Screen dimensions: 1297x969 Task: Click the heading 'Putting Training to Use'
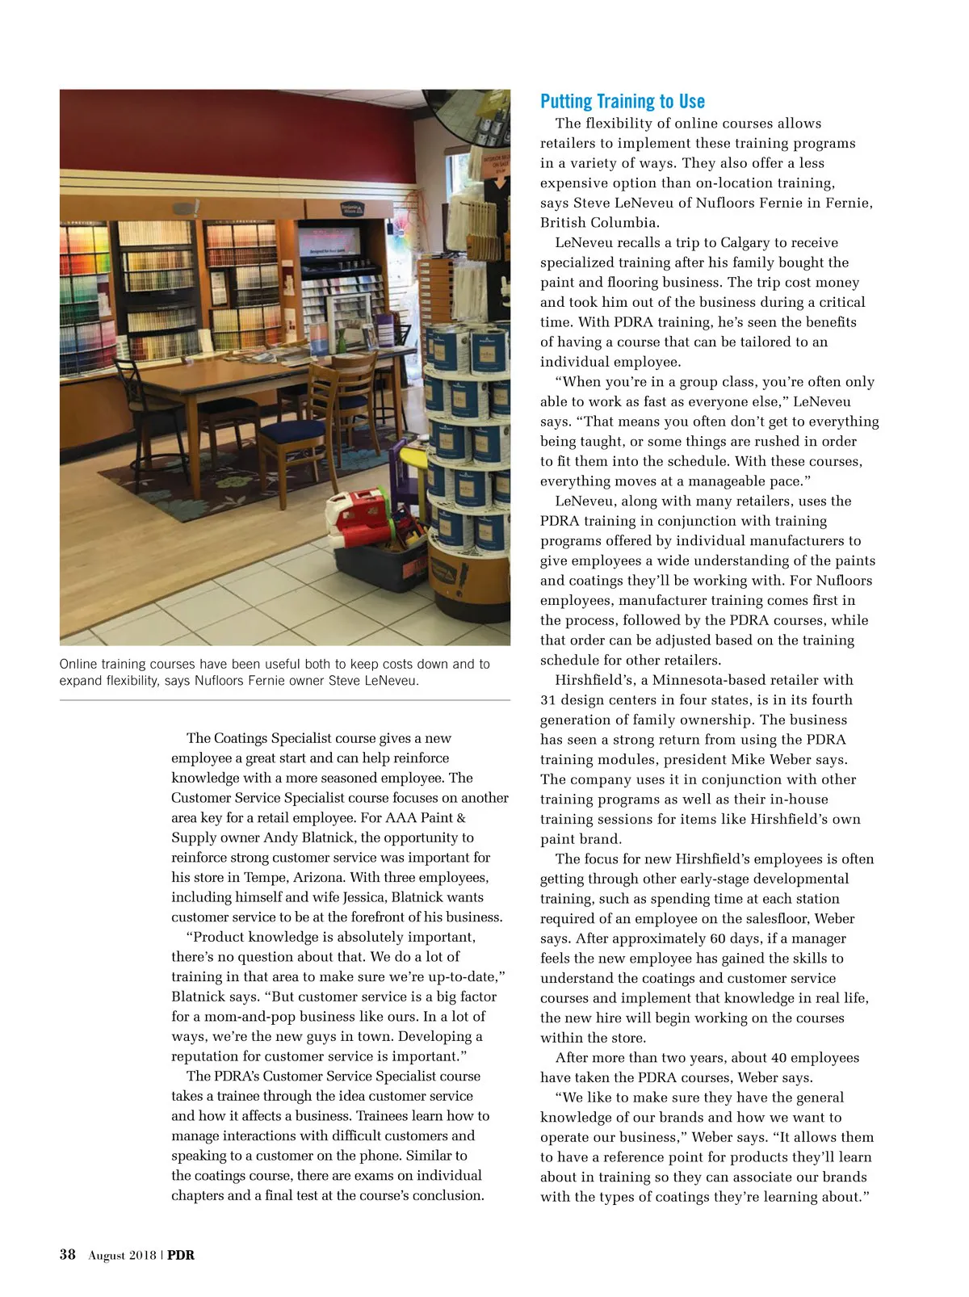point(622,102)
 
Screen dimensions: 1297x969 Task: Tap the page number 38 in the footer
point(68,1254)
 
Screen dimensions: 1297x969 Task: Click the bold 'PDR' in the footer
point(181,1255)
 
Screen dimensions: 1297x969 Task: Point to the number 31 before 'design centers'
point(548,700)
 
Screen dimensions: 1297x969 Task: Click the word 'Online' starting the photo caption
point(78,664)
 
